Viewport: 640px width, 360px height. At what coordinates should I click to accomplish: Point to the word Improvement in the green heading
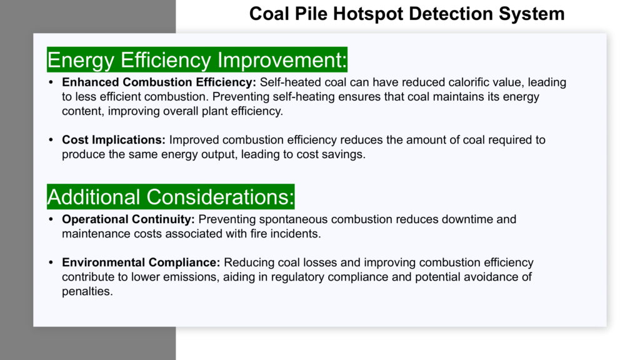tap(282, 59)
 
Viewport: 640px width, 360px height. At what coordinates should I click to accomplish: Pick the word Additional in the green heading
tap(94, 197)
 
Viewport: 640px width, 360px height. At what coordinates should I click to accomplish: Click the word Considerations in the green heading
tap(221, 197)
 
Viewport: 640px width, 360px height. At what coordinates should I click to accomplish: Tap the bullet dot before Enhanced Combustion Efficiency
tap(51, 82)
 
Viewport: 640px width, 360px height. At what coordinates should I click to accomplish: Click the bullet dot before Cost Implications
tap(51, 140)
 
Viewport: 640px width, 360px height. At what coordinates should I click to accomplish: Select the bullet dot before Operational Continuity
tap(51, 219)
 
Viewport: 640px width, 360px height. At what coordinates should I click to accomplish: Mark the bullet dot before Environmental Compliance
tap(51, 262)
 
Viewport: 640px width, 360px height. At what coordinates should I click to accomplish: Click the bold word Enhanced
tap(91, 82)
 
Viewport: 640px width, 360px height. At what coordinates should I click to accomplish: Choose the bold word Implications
tap(129, 140)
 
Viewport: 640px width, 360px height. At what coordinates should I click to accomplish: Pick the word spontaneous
tap(293, 220)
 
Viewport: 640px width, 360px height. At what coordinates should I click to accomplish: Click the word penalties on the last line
tap(87, 291)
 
